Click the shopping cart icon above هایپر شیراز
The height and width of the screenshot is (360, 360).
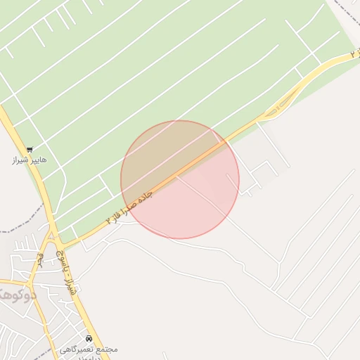point(30,149)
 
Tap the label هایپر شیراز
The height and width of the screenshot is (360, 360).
point(30,160)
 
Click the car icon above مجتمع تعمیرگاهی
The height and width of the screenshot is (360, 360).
point(89,338)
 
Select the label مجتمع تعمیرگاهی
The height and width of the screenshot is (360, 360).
point(89,349)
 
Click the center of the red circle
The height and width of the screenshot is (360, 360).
point(180,179)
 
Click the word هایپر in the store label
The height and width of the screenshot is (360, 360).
point(39,160)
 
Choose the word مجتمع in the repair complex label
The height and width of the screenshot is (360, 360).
point(108,349)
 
